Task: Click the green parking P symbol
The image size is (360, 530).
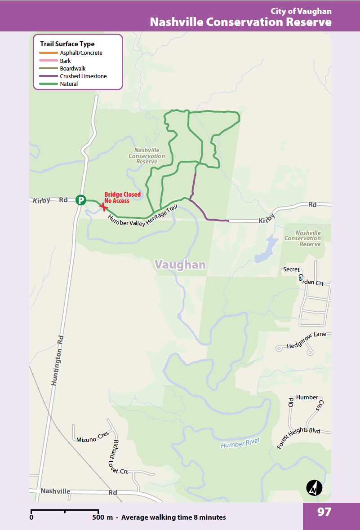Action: click(x=80, y=200)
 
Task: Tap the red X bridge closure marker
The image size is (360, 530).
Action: click(x=104, y=207)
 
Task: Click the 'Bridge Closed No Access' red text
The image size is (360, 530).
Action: click(x=122, y=198)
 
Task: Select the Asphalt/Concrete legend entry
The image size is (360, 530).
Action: click(x=81, y=53)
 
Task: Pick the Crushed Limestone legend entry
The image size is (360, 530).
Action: click(x=83, y=76)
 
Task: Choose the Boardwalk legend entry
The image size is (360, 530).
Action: click(x=73, y=69)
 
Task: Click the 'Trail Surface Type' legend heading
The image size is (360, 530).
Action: click(x=67, y=44)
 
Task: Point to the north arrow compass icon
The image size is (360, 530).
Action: click(x=314, y=488)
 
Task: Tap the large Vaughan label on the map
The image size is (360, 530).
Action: click(x=180, y=265)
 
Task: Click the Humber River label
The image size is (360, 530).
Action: click(x=240, y=443)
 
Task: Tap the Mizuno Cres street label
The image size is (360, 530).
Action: click(x=93, y=439)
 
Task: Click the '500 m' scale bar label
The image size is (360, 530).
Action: click(x=103, y=517)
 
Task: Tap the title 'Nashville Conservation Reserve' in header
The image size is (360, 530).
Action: click(x=240, y=22)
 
